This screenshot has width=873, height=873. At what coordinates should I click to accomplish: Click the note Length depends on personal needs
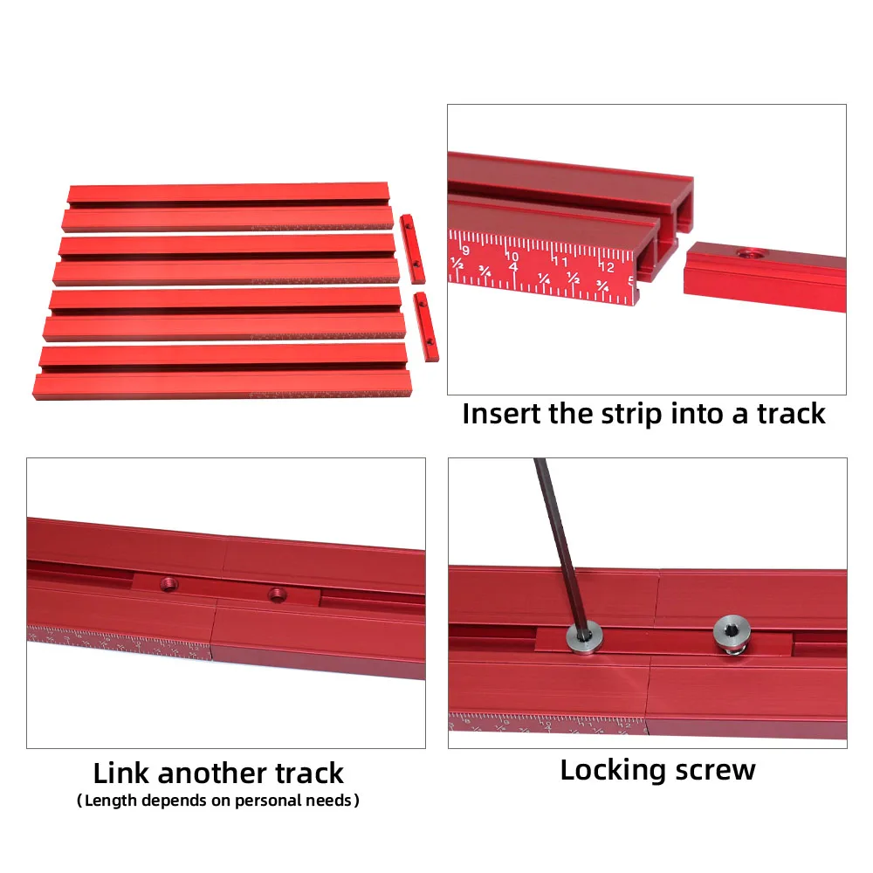tap(218, 800)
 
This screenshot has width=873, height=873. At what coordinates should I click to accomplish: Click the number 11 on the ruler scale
tap(561, 261)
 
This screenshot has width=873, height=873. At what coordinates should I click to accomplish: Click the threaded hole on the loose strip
tap(746, 254)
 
